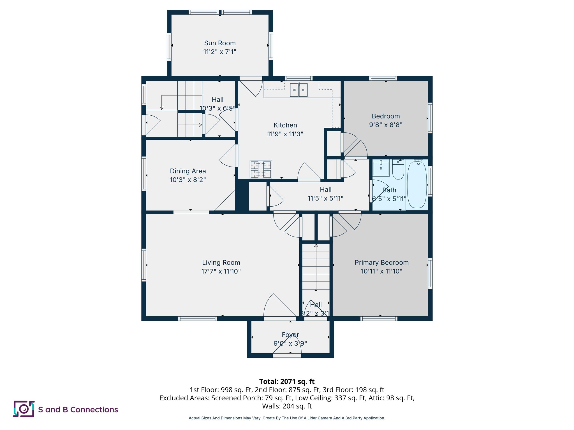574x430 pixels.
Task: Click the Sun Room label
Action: point(220,43)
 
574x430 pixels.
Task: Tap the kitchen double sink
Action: point(298,90)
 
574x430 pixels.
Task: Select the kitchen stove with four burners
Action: point(261,169)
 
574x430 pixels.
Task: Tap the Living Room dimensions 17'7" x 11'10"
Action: point(221,271)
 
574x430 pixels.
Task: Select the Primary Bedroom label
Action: point(381,263)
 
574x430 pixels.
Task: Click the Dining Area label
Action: point(188,171)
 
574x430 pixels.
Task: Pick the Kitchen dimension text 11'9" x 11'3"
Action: point(285,134)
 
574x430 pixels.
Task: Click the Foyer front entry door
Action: point(287,355)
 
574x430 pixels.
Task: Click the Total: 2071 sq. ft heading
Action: point(287,382)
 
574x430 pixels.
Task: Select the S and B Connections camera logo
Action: point(24,409)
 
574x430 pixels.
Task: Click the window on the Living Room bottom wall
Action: point(198,319)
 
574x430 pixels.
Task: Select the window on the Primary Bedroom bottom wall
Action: point(379,319)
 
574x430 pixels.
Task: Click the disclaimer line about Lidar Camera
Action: point(287,418)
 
